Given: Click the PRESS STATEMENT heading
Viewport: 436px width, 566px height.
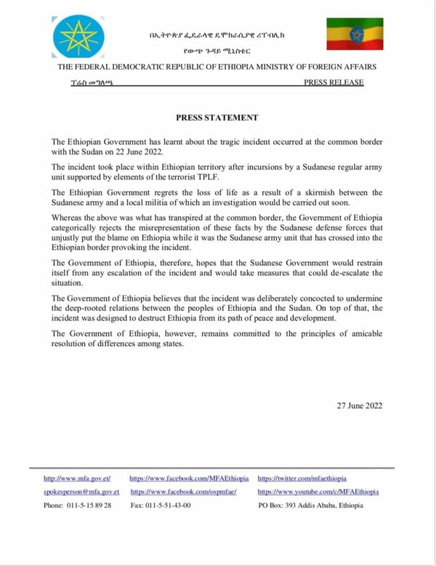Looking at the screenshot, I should (217, 117).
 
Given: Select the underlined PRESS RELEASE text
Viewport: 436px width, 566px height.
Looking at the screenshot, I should (334, 83).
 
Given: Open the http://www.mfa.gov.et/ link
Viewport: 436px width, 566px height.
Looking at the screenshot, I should (77, 479).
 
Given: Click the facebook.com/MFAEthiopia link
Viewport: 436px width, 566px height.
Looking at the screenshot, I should (189, 479).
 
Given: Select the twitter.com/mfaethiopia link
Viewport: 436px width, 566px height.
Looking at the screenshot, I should (302, 479).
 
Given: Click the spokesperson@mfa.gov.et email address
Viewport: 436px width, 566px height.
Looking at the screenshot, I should (81, 492).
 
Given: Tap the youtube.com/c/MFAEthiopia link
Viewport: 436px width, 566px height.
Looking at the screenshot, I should (318, 492).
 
